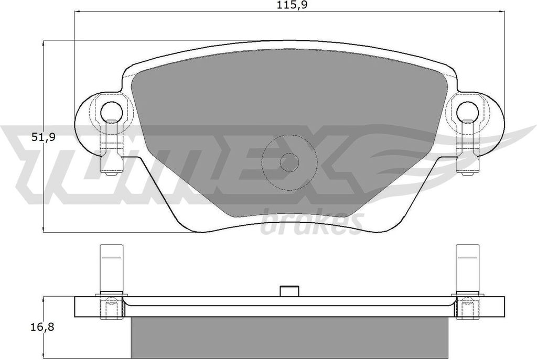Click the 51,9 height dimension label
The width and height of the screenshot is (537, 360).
tap(44, 137)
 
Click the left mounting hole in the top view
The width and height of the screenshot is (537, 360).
tap(112, 111)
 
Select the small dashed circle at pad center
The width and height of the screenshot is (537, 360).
tap(289, 162)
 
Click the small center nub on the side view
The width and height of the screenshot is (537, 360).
tap(289, 291)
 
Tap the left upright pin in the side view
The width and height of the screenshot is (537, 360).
tap(111, 268)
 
